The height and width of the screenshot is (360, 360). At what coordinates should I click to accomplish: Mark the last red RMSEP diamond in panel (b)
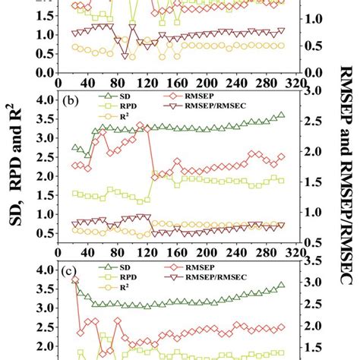(x=281, y=157)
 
